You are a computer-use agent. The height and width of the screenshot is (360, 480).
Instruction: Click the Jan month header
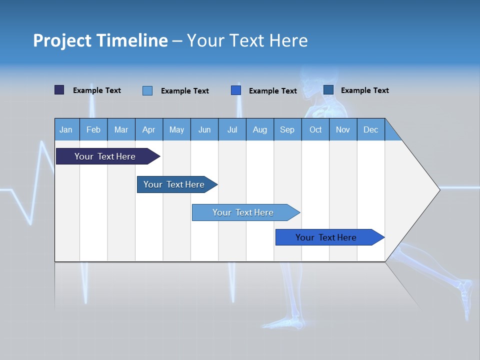click(66, 129)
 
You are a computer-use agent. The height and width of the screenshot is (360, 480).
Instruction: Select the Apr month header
click(148, 129)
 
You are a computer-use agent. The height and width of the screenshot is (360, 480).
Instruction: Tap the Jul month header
click(232, 129)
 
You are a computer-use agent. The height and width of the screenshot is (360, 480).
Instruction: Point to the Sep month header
click(287, 129)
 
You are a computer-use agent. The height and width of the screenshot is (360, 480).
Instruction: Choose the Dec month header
click(370, 129)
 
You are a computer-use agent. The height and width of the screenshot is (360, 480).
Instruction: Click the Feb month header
click(93, 129)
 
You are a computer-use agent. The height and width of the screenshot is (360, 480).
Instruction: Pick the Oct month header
click(315, 129)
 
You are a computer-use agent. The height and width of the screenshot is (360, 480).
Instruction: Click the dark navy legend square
click(59, 90)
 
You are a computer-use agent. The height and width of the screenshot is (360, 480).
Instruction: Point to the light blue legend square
click(147, 90)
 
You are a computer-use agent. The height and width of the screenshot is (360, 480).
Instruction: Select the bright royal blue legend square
click(236, 90)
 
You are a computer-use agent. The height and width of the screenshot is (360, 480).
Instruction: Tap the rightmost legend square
click(328, 90)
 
